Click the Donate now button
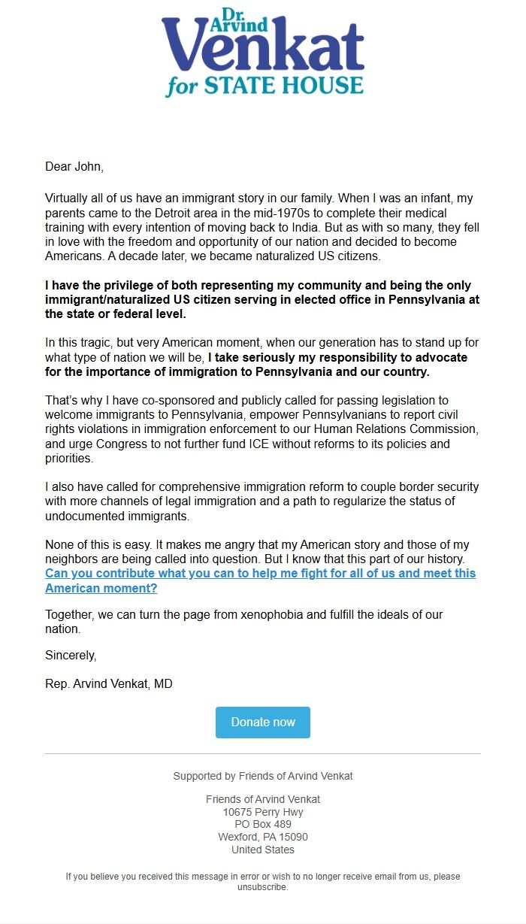(x=263, y=722)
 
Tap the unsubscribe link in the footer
(x=262, y=887)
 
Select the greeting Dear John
(x=74, y=166)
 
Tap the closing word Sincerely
(x=71, y=655)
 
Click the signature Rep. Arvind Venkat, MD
(x=109, y=684)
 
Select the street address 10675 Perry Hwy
(x=263, y=812)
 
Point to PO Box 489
(x=263, y=824)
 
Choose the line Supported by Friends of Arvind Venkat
(x=263, y=776)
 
